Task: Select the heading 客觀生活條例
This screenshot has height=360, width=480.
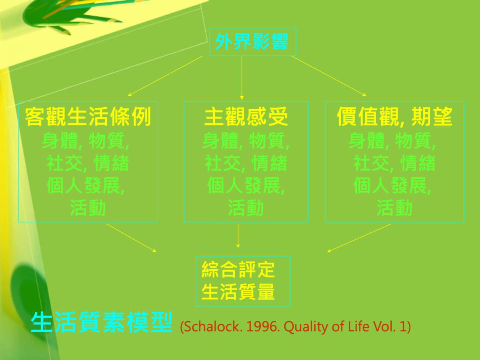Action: (x=88, y=116)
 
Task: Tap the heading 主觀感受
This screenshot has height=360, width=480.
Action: (x=246, y=116)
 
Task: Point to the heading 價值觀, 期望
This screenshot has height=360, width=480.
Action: (x=394, y=116)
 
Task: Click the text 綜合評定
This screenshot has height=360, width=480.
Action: (x=238, y=270)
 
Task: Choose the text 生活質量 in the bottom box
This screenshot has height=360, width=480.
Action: (x=238, y=292)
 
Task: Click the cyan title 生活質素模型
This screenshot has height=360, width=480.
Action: (x=102, y=322)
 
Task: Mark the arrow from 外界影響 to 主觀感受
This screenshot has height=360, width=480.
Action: (x=242, y=78)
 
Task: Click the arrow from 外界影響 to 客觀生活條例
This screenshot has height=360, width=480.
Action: (x=165, y=76)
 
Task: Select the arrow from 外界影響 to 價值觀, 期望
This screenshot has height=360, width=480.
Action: (x=329, y=76)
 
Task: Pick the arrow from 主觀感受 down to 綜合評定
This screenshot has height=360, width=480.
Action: (x=238, y=236)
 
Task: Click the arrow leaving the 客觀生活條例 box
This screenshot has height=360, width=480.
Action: (x=132, y=238)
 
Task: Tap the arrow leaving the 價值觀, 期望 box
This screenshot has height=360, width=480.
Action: (x=359, y=238)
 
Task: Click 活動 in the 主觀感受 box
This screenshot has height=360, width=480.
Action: (x=246, y=208)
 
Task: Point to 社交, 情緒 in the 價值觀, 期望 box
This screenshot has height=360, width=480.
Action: (x=394, y=163)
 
